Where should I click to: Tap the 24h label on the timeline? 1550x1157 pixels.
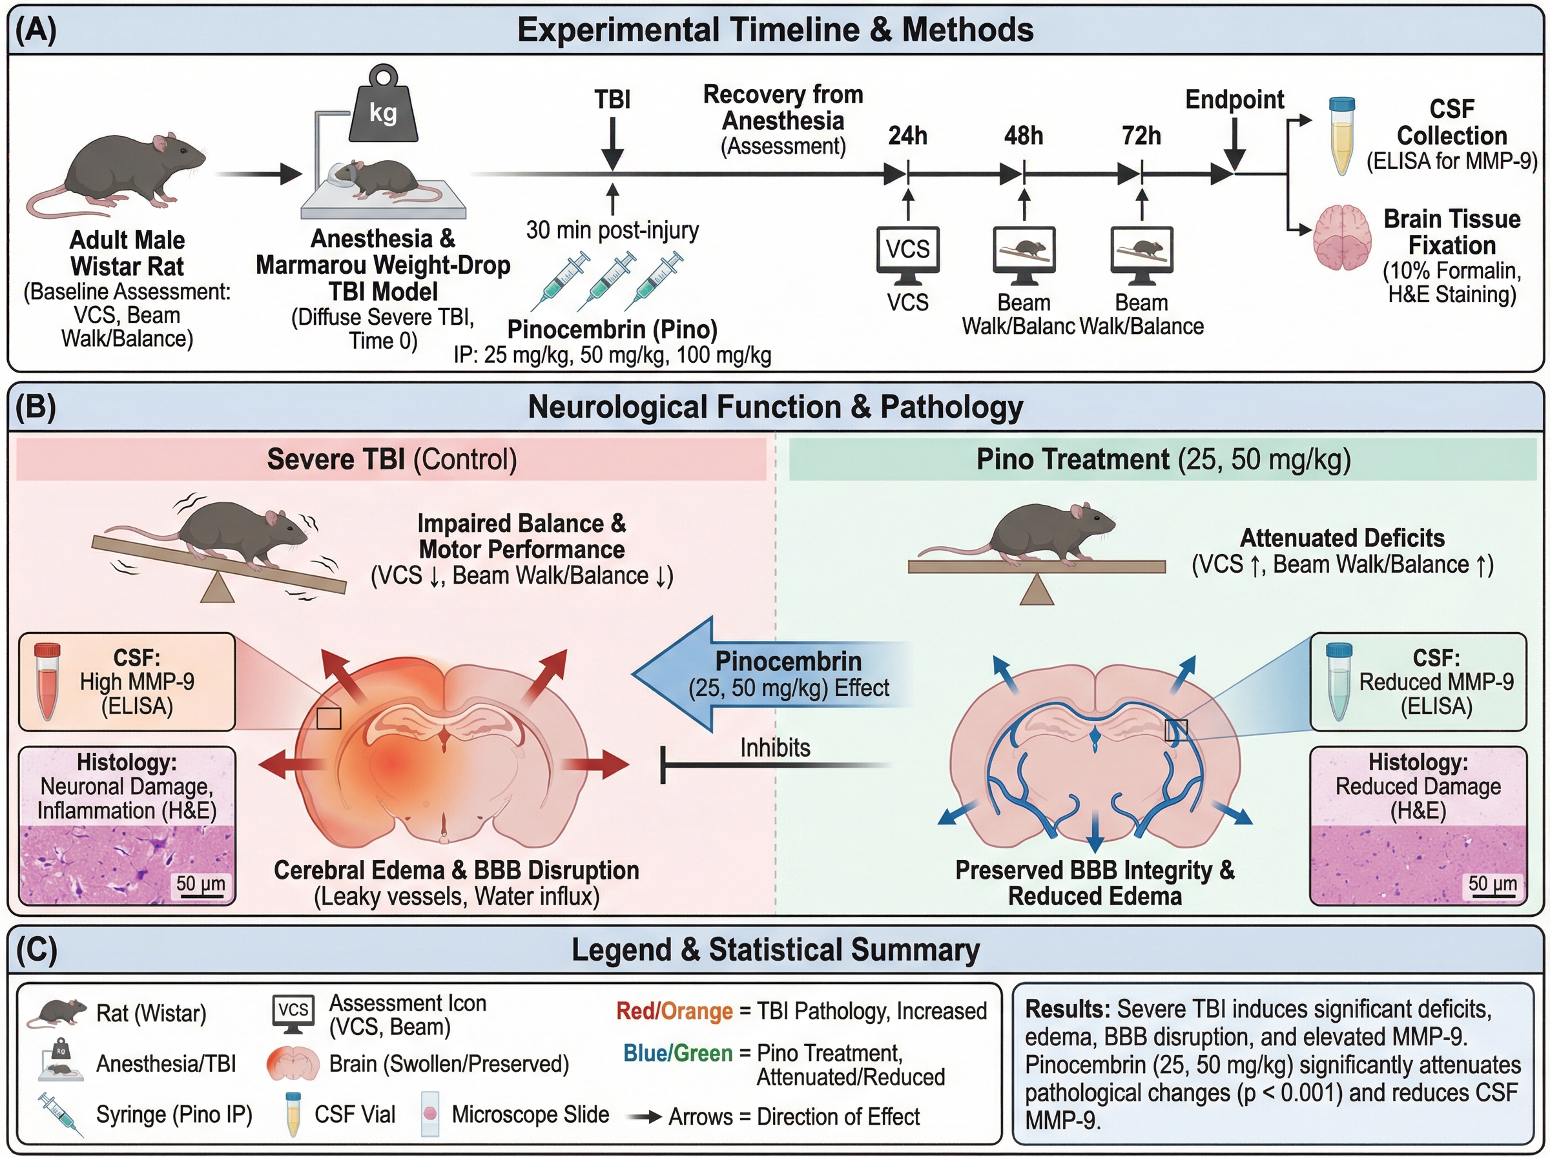point(908,135)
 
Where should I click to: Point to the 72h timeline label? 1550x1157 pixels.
point(1141,135)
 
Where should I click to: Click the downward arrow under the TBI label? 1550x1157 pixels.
point(613,143)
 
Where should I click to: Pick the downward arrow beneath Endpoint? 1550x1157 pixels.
point(1234,143)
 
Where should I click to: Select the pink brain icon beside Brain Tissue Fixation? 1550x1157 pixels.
point(1341,238)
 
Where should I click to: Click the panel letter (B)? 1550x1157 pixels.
point(36,407)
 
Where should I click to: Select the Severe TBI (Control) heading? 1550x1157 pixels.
point(391,460)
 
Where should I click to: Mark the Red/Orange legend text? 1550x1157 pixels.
point(674,1010)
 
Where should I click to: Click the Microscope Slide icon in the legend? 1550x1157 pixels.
point(430,1114)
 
